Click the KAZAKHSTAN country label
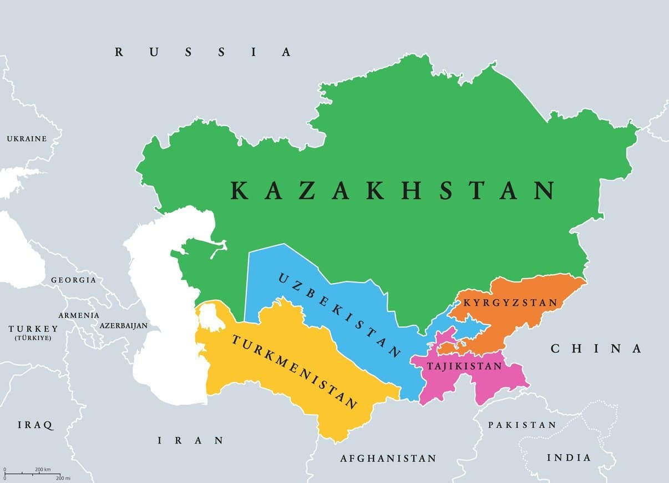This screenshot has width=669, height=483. [393, 190]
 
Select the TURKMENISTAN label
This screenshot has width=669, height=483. [294, 371]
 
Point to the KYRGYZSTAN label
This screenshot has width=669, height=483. [510, 303]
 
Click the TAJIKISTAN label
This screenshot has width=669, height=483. [464, 366]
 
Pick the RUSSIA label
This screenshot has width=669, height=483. [203, 52]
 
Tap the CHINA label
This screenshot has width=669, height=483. [596, 349]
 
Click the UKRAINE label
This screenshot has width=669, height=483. [27, 138]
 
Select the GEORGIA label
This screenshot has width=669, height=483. [73, 280]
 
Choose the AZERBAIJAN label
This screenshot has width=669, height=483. [124, 326]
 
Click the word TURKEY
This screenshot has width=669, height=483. [33, 329]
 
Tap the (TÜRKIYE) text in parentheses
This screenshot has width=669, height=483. [33, 338]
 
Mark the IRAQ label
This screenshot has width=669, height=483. [36, 425]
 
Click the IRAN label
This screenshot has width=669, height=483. [191, 440]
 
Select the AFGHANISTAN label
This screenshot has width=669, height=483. [388, 459]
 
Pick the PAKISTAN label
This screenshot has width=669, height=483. [521, 425]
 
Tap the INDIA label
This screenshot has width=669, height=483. [569, 457]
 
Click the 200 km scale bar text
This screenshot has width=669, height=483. [43, 470]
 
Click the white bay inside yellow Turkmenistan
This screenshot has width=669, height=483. [208, 316]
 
